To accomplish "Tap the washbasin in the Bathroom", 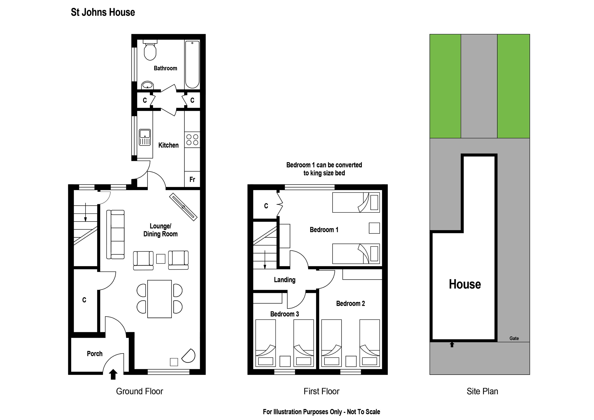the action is point(147,85).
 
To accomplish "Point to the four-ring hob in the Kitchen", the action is point(192,140).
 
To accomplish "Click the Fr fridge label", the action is point(192,179).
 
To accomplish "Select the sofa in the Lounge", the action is point(115,234).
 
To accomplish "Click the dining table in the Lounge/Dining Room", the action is point(159,299).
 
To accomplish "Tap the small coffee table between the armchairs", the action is point(161,259).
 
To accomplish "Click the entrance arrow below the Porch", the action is point(113,374).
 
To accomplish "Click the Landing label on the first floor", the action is point(285,280).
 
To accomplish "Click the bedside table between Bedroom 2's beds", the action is point(351,361).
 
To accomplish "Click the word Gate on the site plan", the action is point(514,338).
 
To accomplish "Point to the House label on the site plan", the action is point(465,284).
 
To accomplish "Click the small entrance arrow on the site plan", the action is point(452,345).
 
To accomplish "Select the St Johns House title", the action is point(103,12).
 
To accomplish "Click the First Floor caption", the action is point(321,391).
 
